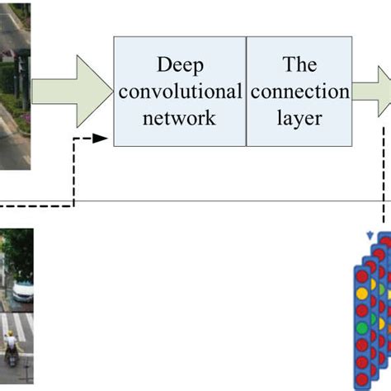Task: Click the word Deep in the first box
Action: [179, 65]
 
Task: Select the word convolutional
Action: [179, 91]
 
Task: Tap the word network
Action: [179, 116]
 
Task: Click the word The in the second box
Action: [294, 65]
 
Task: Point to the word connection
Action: [294, 91]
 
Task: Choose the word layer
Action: [294, 116]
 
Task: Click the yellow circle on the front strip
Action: [361, 293]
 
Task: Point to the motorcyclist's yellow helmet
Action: [10, 336]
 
